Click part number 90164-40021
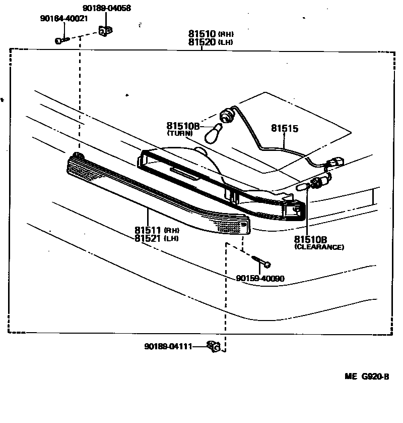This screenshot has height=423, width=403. tap(63, 19)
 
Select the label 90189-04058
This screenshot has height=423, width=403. tap(106, 8)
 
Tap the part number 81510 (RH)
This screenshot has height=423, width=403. tap(212, 34)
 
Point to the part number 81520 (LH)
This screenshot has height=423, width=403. tap(212, 42)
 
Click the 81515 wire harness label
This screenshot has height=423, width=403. tap(285, 129)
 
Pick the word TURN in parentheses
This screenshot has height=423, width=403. tap(180, 133)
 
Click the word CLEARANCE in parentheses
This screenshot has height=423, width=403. tap(319, 247)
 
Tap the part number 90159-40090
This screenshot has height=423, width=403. tap(260, 278)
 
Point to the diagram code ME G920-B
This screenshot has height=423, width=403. tap(367, 376)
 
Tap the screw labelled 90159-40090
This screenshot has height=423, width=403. tap(262, 261)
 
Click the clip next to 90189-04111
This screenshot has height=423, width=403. tap(214, 346)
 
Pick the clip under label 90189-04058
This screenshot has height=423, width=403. tap(105, 32)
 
